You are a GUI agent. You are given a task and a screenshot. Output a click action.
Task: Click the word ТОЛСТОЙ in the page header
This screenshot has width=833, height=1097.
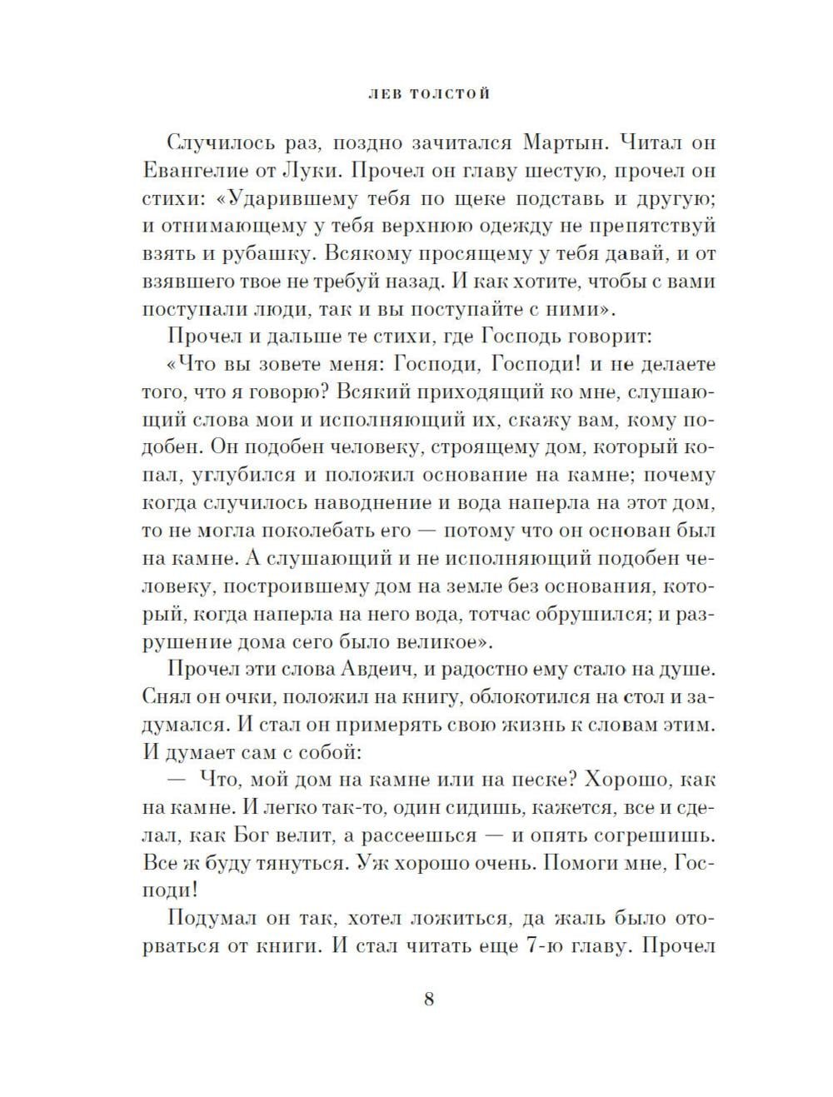[447, 94]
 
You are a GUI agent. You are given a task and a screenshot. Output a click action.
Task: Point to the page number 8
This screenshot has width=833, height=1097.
[429, 1000]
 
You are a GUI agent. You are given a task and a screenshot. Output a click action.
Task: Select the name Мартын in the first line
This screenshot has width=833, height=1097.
[571, 142]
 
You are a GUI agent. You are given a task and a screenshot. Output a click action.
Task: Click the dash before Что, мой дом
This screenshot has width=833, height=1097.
[178, 780]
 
